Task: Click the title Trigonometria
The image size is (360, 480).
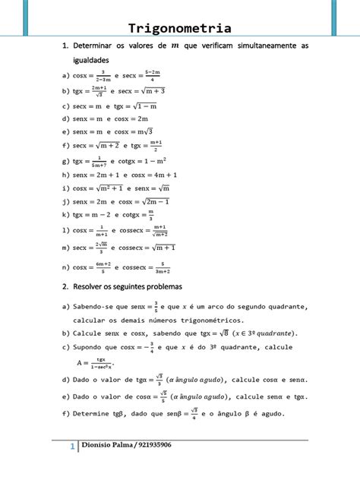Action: point(180,30)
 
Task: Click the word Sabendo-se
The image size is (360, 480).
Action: point(95,306)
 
